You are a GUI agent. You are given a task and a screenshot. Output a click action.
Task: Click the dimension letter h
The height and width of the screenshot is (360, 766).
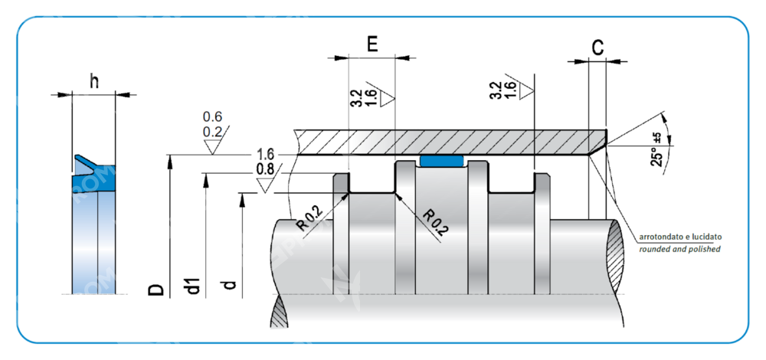pyautogui.click(x=93, y=81)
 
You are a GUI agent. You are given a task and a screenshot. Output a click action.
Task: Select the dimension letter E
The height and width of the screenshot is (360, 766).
pyautogui.click(x=372, y=44)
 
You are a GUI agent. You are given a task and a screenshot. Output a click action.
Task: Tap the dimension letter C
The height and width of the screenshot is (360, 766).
pyautogui.click(x=597, y=47)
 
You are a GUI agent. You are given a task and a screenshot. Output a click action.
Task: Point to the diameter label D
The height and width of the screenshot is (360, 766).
pyautogui.click(x=155, y=289)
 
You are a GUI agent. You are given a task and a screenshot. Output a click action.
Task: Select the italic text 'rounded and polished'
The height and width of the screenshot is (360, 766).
pyautogui.click(x=679, y=250)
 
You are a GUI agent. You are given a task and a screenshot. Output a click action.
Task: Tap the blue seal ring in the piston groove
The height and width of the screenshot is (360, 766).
pyautogui.click(x=443, y=161)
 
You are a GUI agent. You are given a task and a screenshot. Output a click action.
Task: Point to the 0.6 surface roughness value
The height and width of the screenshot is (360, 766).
pyautogui.click(x=212, y=116)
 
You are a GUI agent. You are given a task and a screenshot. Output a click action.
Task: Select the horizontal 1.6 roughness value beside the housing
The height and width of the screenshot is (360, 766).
pyautogui.click(x=266, y=154)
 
